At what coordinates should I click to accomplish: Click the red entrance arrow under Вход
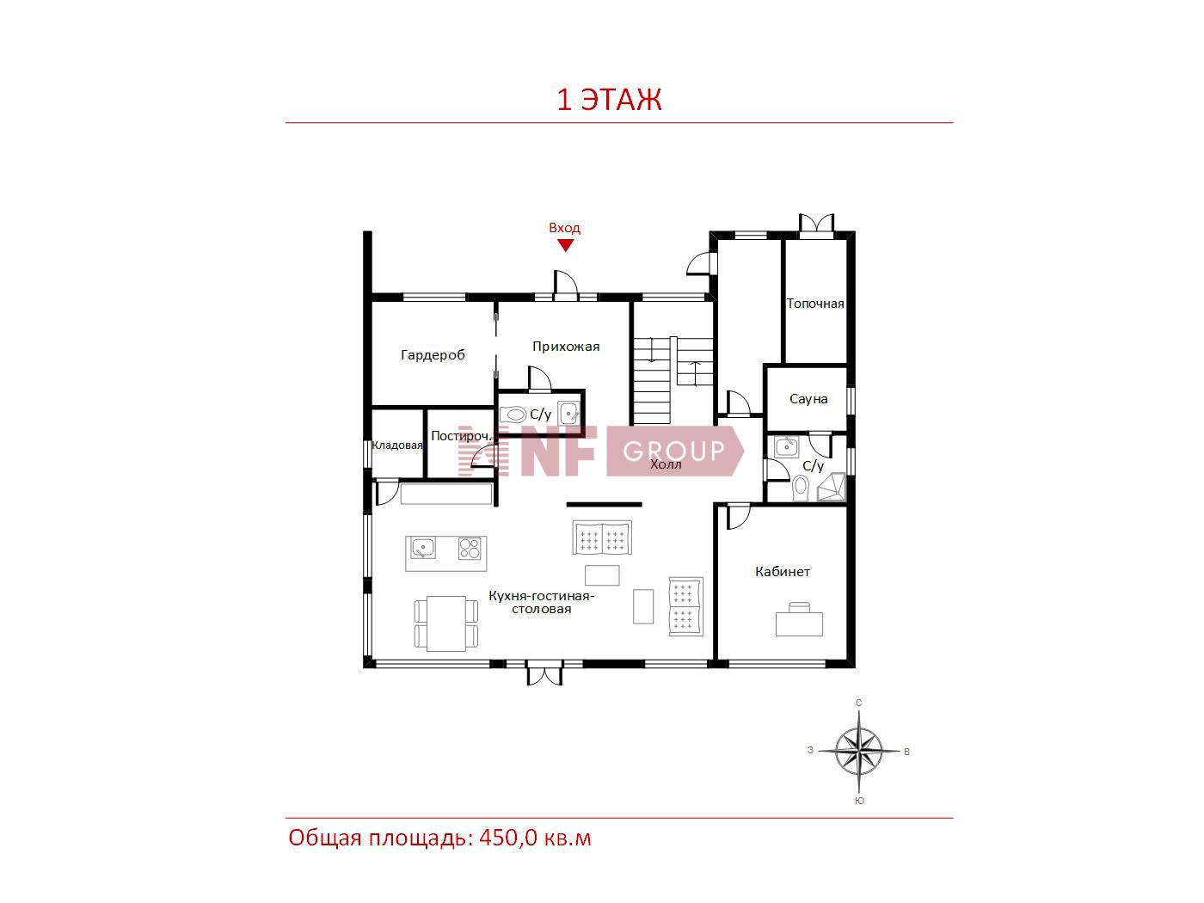[x=564, y=245]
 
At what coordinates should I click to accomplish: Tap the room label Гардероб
[x=433, y=354]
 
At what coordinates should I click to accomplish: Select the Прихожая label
[x=566, y=346]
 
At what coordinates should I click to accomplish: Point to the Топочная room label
[x=814, y=304]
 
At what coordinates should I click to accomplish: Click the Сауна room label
[x=808, y=398]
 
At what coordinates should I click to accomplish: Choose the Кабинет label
[x=782, y=571]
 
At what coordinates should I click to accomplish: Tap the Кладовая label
[x=397, y=445]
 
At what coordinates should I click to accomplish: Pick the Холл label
[x=666, y=464]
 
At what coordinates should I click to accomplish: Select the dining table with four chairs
[x=445, y=623]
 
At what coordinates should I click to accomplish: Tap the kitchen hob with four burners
[x=470, y=548]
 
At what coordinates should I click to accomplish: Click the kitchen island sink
[x=423, y=547]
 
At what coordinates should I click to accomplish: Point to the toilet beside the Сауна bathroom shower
[x=801, y=487]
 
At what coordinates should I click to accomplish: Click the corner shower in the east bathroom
[x=832, y=487]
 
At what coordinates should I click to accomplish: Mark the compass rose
[x=858, y=751]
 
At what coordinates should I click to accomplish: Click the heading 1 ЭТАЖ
[x=609, y=100]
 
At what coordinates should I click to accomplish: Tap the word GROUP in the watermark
[x=673, y=451]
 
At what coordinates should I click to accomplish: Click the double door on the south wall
[x=544, y=673]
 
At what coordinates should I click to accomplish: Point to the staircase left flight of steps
[x=652, y=380]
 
